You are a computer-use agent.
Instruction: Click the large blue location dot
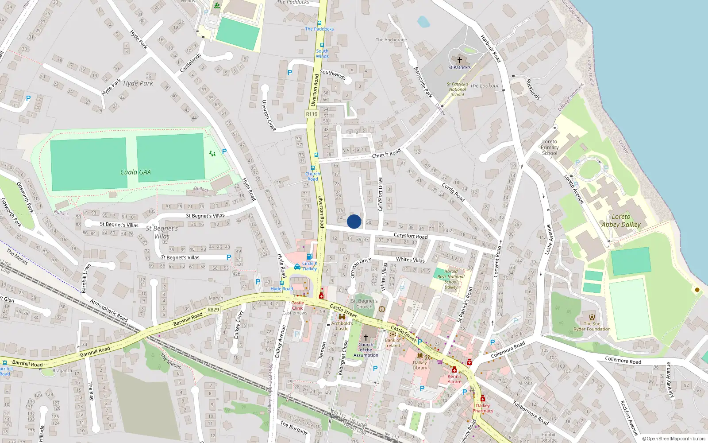pos(354,221)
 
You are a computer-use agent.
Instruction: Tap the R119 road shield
pos(312,114)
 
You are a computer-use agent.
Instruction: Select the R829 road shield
pos(213,310)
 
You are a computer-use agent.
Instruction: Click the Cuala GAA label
pos(135,172)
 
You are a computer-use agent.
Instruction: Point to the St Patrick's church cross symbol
pos(459,60)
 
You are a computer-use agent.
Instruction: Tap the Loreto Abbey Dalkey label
pos(621,221)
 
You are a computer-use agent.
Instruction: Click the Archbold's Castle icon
pos(342,317)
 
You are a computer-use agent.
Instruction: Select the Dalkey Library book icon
pos(420,355)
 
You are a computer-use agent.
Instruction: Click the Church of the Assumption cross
pos(366,337)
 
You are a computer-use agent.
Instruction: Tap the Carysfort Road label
pos(411,236)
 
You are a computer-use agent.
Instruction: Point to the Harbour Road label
pos(491,49)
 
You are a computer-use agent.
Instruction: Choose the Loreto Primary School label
pos(550,148)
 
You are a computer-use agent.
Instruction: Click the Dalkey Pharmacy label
pos(483,408)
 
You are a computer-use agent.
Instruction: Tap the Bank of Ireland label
pos(392,343)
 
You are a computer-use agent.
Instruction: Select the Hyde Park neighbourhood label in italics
pos(138,83)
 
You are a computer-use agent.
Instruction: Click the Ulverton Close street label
pos(268,115)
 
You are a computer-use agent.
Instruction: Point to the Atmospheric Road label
pos(109,310)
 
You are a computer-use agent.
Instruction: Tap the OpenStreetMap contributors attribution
pos(673,439)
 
